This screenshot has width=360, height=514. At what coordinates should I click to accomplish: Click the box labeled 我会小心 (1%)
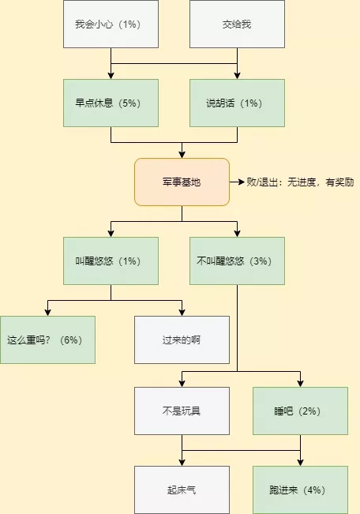(111, 24)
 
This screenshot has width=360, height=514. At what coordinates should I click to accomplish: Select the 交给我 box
(237, 24)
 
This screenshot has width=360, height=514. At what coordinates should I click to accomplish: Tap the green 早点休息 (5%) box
(111, 103)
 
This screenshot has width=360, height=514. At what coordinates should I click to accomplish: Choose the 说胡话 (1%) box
(237, 103)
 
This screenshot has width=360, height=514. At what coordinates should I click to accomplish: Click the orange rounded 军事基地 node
(182, 182)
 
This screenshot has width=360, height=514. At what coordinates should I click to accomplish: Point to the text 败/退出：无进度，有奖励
(300, 182)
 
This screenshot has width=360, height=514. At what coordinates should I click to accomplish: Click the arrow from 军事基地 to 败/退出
(237, 182)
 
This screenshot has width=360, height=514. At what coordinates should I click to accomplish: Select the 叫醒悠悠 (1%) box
(111, 261)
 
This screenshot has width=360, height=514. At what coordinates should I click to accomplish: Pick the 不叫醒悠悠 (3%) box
(237, 261)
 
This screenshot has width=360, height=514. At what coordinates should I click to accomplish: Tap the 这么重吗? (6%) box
(47, 340)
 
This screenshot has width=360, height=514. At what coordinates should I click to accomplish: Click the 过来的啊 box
(182, 340)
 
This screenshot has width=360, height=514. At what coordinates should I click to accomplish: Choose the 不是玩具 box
(182, 411)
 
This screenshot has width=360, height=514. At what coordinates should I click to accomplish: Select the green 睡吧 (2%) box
(300, 411)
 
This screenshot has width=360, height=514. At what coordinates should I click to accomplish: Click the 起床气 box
(182, 490)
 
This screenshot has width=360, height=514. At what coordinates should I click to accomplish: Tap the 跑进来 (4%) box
(300, 490)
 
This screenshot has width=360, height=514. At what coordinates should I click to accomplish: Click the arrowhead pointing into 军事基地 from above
(182, 155)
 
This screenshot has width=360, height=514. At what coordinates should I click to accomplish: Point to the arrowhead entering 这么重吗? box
(47, 313)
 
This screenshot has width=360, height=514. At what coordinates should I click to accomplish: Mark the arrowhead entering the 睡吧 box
(300, 384)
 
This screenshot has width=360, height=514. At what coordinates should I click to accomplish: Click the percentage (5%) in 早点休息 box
(129, 103)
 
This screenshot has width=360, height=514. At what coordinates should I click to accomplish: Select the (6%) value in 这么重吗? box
(71, 340)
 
